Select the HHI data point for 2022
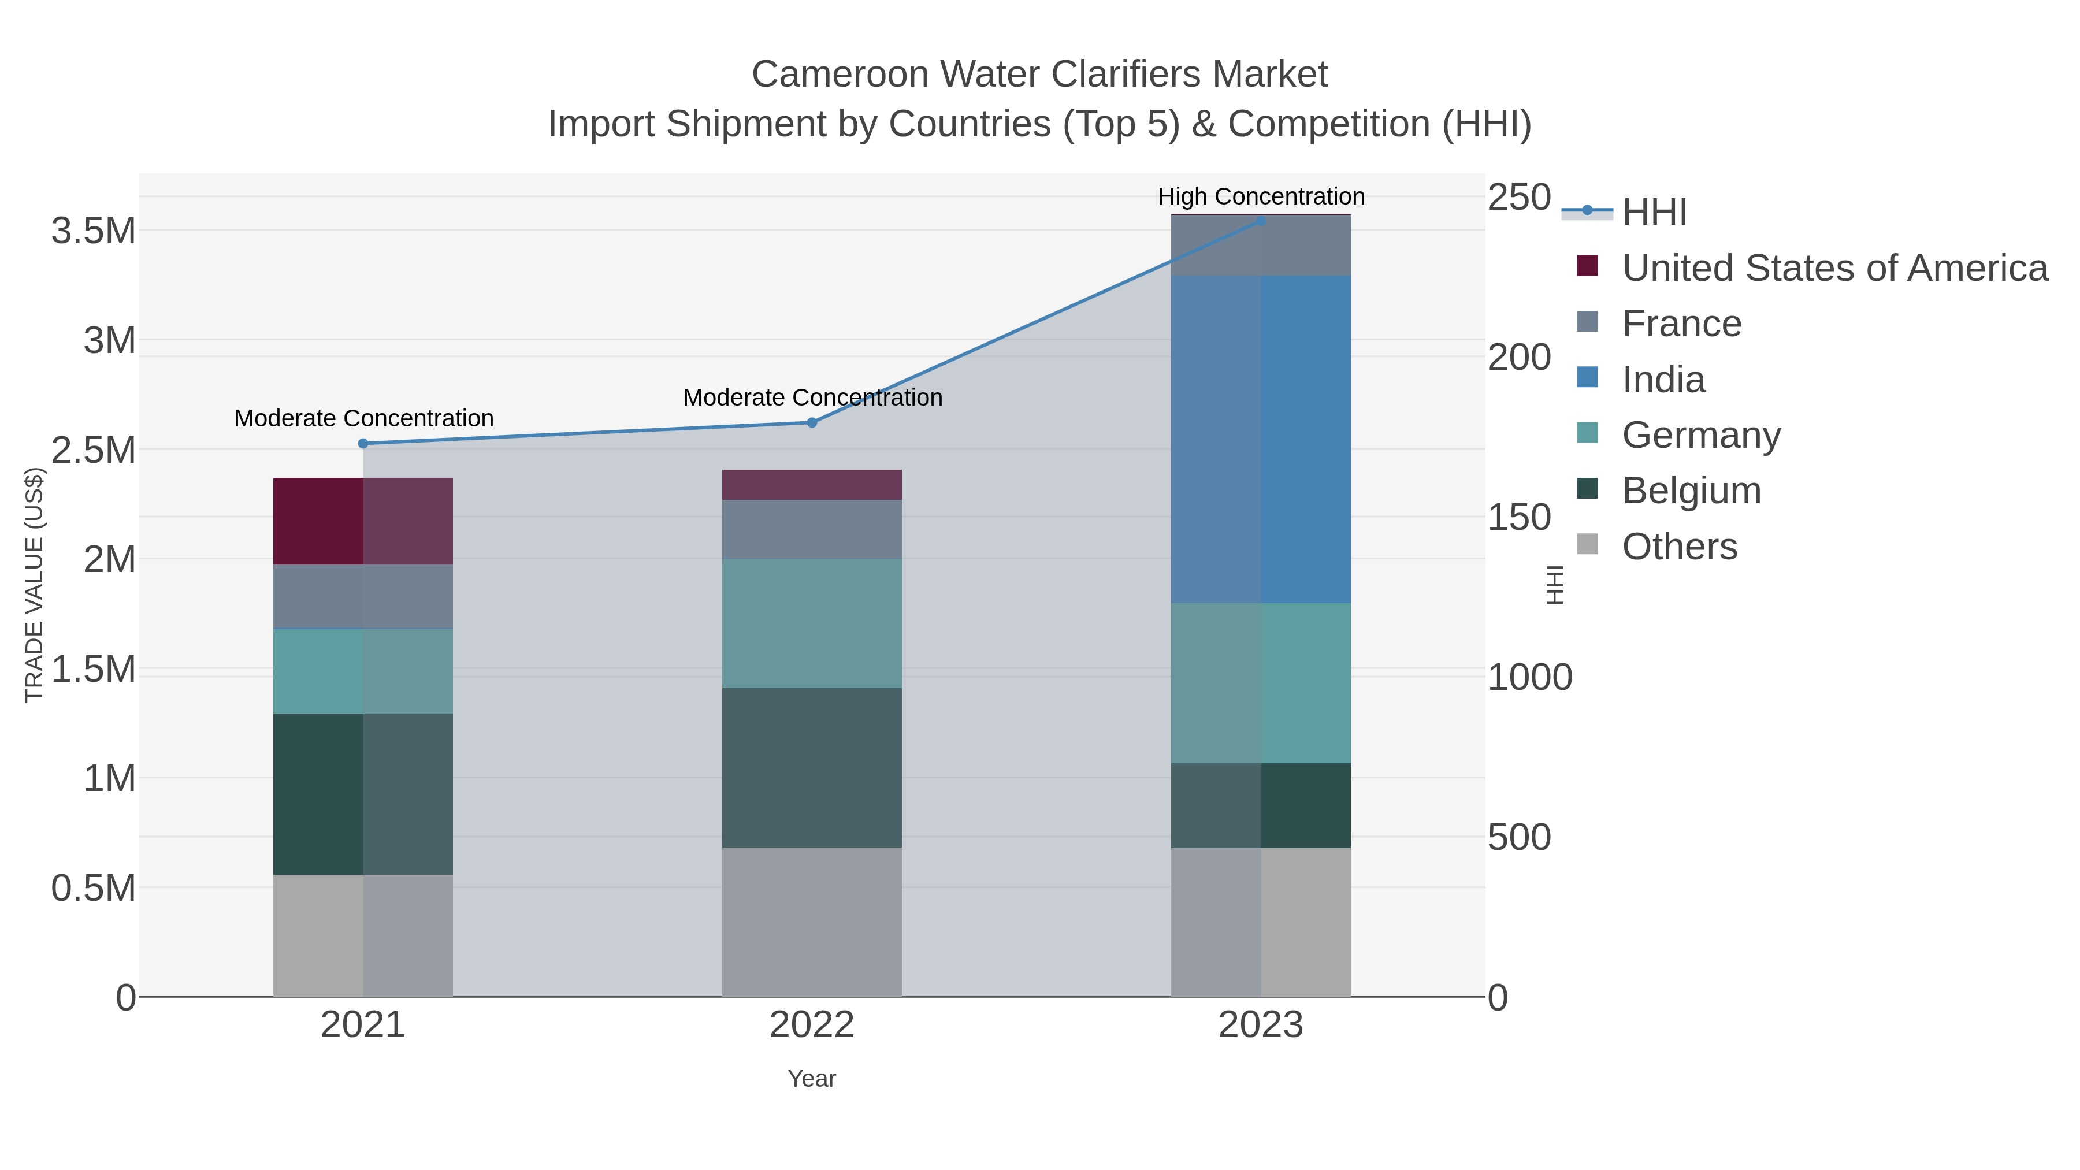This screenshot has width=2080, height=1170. pos(812,422)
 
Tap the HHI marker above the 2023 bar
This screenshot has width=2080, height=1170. pos(1261,221)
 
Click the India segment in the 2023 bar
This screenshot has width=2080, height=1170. pos(1261,439)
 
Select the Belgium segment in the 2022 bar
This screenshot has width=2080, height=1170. pos(812,767)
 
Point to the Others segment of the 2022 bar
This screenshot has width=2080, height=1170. pos(812,922)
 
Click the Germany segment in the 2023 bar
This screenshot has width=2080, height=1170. pos(1261,682)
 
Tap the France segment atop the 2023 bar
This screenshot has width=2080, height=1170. pos(1261,246)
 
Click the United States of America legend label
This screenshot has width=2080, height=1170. pos(1834,268)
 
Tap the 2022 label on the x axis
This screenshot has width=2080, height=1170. pos(812,1026)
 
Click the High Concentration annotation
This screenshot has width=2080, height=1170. pos(1261,196)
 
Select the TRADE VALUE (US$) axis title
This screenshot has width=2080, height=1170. pos(34,585)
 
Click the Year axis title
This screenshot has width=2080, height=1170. pos(812,1079)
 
